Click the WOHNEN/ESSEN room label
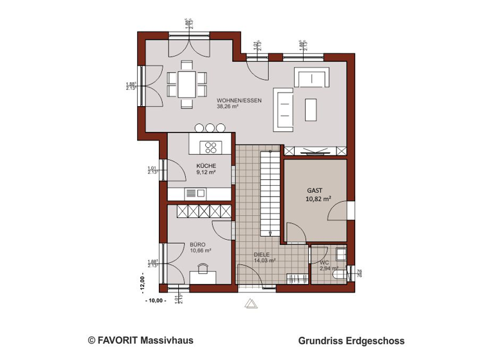[239, 101]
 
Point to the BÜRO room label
[197, 244]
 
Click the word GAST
[315, 192]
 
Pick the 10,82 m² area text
[318, 199]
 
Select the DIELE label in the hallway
[261, 254]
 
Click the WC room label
[325, 262]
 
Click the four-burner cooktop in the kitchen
[210, 147]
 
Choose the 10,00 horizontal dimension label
[155, 300]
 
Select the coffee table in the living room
[311, 108]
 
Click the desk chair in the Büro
[203, 270]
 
